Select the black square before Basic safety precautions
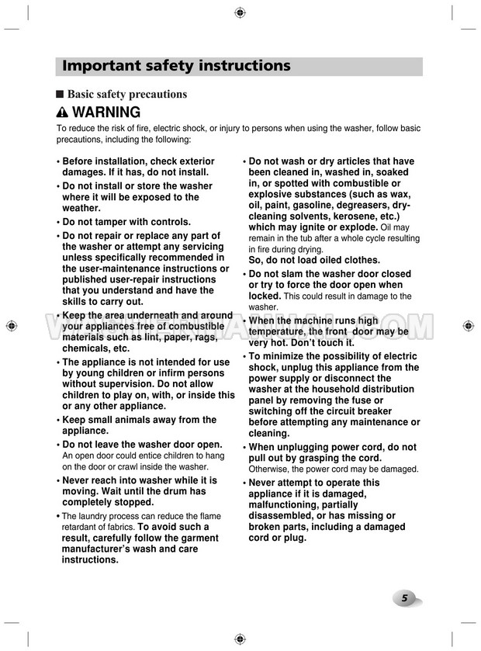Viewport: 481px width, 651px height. (x=60, y=94)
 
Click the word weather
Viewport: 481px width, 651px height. (x=81, y=208)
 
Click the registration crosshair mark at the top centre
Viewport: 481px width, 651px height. (x=240, y=12)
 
